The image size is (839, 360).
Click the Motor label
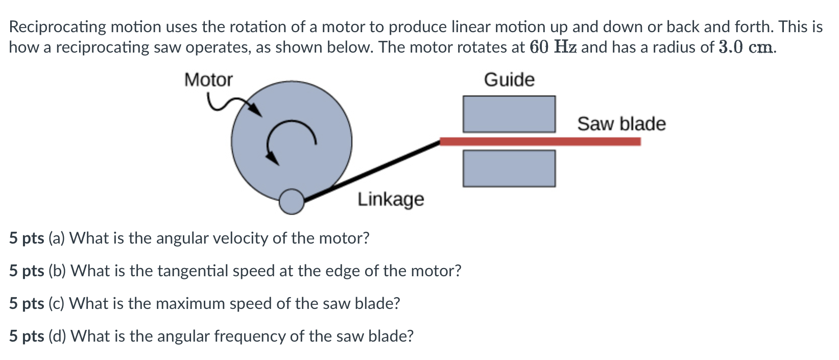tap(208, 80)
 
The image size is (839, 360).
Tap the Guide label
tap(509, 80)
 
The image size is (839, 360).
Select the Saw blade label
tap(621, 124)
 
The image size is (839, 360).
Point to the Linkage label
tap(391, 199)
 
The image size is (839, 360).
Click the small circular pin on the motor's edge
tap(292, 202)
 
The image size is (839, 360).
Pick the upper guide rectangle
tap(509, 114)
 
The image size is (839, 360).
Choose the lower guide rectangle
tap(509, 168)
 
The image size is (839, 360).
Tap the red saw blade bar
tap(540, 141)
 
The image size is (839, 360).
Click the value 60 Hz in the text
tap(554, 47)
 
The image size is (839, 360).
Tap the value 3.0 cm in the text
tap(747, 47)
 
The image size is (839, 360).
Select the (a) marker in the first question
tap(56, 238)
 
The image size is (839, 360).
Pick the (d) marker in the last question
tap(57, 337)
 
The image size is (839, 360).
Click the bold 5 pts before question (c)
tap(26, 304)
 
